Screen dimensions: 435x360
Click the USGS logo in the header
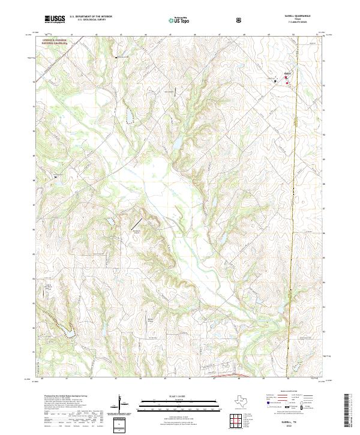click(x=55, y=20)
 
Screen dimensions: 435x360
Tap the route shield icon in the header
click(x=240, y=20)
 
